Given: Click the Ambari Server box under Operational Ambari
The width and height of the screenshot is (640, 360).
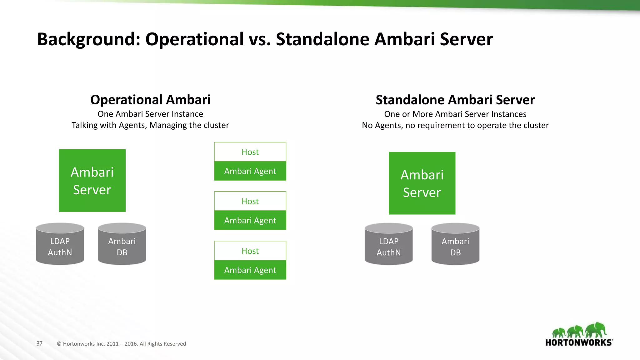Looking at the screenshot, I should pos(92,181).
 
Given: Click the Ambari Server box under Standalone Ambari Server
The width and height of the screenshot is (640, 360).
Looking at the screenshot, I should pos(422,183).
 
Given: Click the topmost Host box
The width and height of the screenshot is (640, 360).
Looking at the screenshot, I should pos(250,152).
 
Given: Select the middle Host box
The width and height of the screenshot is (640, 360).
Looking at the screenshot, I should pos(250,201).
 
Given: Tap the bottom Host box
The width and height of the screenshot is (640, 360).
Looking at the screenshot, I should pos(250,251).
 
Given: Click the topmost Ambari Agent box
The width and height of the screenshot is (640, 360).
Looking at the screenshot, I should pos(250,171).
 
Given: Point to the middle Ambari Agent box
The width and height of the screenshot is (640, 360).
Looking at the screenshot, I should pos(250,220).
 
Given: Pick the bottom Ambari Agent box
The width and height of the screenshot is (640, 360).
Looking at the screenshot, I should pos(250,270).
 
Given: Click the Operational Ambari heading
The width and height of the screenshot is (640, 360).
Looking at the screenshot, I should pos(150,100).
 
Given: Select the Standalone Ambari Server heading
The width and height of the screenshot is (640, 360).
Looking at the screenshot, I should pos(455,100).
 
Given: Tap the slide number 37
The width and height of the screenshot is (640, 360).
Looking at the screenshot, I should pos(39,343).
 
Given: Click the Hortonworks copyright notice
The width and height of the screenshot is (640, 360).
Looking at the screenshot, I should pos(122,344).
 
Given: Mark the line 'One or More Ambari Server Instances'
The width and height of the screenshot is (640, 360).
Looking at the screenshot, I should pos(455,114).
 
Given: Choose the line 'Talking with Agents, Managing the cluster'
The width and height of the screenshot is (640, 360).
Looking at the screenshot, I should pos(150,125).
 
